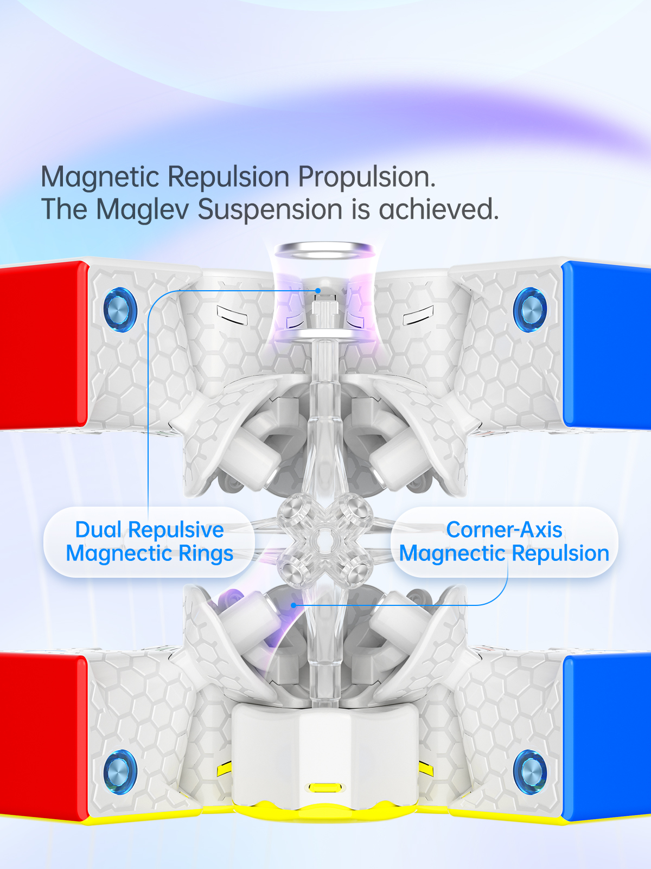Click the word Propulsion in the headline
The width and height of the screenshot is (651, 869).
[367, 177]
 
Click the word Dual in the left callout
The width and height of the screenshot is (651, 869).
[98, 530]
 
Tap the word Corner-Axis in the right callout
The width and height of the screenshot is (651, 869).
[504, 530]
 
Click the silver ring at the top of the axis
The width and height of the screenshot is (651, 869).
[324, 251]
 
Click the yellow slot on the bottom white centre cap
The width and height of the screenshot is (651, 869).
[324, 787]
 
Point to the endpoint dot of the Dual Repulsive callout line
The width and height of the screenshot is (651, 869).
[318, 291]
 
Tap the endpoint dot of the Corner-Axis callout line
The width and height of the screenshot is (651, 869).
[293, 605]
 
